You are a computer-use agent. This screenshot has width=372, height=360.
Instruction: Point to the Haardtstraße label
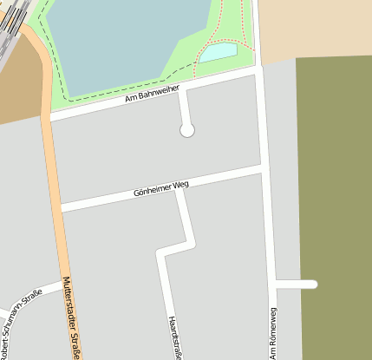pos(176,337)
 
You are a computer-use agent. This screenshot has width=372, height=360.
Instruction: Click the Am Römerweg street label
pos(272,333)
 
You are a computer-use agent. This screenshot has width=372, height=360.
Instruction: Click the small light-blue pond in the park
pos(219,51)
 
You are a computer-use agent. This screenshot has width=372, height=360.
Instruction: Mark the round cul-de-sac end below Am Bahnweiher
pos(186,130)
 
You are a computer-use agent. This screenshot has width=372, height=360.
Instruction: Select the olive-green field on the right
pos(334,200)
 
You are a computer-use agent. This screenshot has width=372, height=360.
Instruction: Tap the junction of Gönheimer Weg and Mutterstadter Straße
pos(59,208)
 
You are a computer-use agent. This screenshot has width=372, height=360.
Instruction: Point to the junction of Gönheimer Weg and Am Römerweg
pos(261,167)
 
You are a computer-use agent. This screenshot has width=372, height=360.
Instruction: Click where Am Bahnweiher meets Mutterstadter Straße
pos(48,117)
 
